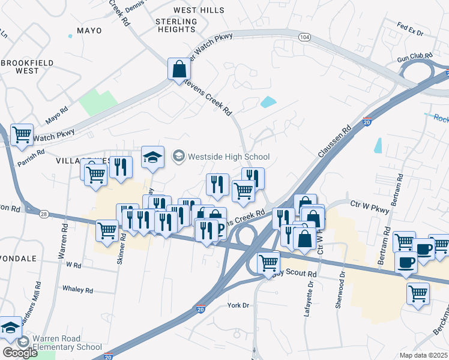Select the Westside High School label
point(228,157)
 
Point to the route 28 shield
point(44,214)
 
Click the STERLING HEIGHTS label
point(176,25)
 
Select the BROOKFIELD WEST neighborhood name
point(27,67)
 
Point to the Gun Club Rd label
point(415,60)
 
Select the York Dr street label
point(238,305)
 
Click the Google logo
point(19,352)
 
